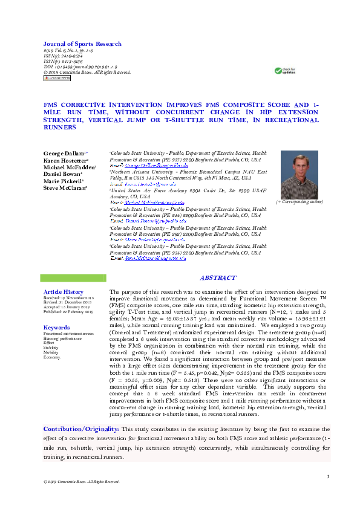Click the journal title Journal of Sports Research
(82, 44)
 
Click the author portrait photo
(299, 175)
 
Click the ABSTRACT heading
(218, 278)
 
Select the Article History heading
(64, 292)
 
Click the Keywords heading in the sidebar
(57, 328)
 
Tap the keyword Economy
(52, 357)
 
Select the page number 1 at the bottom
(327, 478)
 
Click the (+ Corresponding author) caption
(299, 201)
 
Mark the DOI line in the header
(80, 68)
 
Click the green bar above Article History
(73, 278)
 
